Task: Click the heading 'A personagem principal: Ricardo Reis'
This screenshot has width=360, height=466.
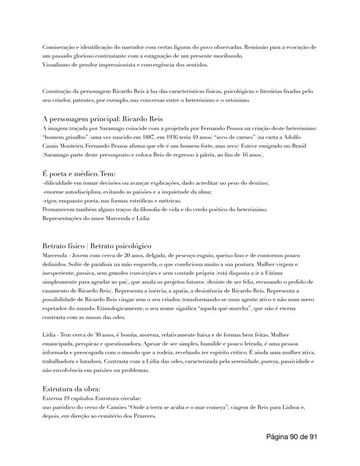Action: pyautogui.click(x=103, y=119)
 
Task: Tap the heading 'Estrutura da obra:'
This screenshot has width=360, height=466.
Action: pyautogui.click(x=71, y=389)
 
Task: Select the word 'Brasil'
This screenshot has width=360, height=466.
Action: pyautogui.click(x=297, y=146)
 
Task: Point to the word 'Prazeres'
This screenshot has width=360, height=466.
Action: pyautogui.click(x=144, y=416)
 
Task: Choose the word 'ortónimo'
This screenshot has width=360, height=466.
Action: pyautogui.click(x=237, y=101)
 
